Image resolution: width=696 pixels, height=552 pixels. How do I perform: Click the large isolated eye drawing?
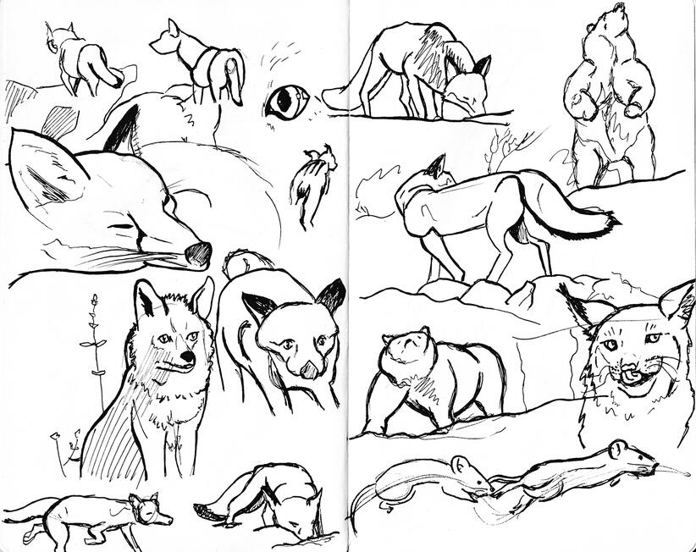(x=286, y=102)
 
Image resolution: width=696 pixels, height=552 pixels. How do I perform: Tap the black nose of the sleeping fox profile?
(x=198, y=253)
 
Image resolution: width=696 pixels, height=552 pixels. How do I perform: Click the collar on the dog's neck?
(x=203, y=61)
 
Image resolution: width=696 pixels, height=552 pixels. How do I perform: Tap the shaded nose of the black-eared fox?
(x=310, y=368)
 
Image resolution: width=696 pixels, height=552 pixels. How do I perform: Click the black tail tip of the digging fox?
(x=204, y=512)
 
